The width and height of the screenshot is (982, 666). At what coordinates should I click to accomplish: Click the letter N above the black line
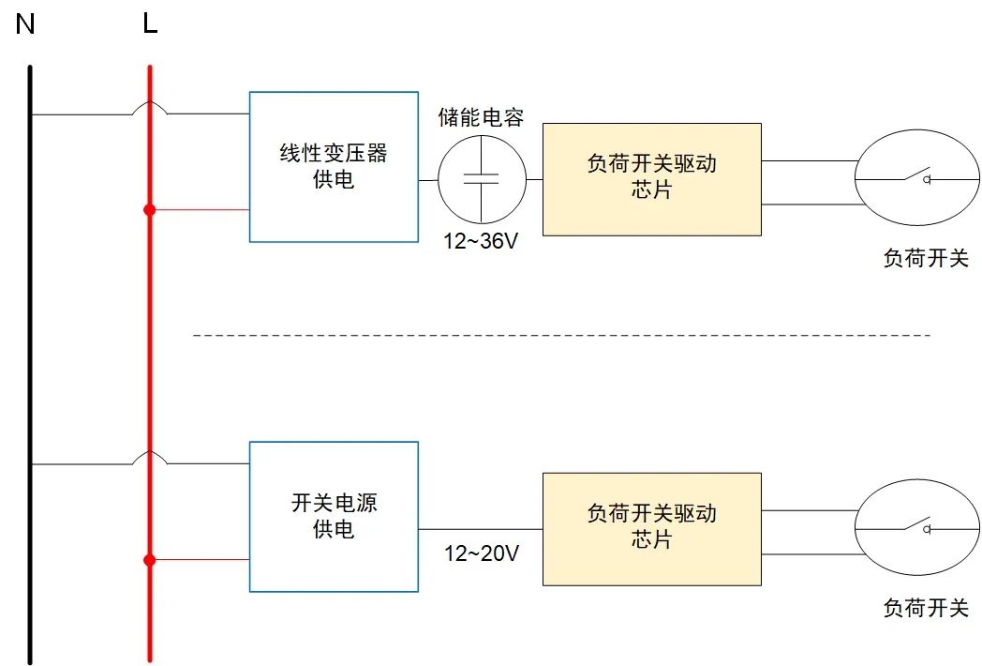[25, 24]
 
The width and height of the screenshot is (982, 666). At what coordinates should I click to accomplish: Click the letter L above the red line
[150, 24]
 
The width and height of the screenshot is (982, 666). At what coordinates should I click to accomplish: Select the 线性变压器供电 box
[334, 167]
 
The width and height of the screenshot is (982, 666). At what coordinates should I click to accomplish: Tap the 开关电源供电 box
[334, 516]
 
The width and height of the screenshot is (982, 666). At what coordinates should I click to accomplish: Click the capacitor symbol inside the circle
[482, 179]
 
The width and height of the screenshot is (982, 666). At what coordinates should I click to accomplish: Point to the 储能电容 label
[482, 118]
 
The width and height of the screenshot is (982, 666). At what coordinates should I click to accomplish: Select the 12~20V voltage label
[482, 553]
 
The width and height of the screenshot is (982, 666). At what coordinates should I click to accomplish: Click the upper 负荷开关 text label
[926, 259]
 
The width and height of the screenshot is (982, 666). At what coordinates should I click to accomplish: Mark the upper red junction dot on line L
[149, 210]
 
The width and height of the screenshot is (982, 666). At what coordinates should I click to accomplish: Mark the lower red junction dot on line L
[149, 560]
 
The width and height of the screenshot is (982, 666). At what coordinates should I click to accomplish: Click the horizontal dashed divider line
[562, 335]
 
